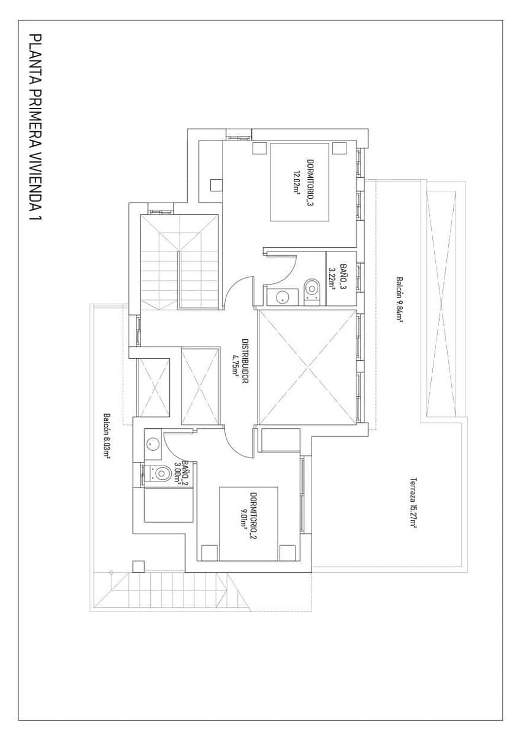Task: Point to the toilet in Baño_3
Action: click(x=312, y=287)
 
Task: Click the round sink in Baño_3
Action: click(x=281, y=298)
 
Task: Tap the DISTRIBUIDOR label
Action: click(x=244, y=361)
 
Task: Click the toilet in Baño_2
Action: click(x=161, y=473)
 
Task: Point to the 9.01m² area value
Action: click(x=243, y=516)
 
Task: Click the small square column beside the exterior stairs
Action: click(x=139, y=565)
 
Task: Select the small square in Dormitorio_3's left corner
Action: click(x=216, y=185)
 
